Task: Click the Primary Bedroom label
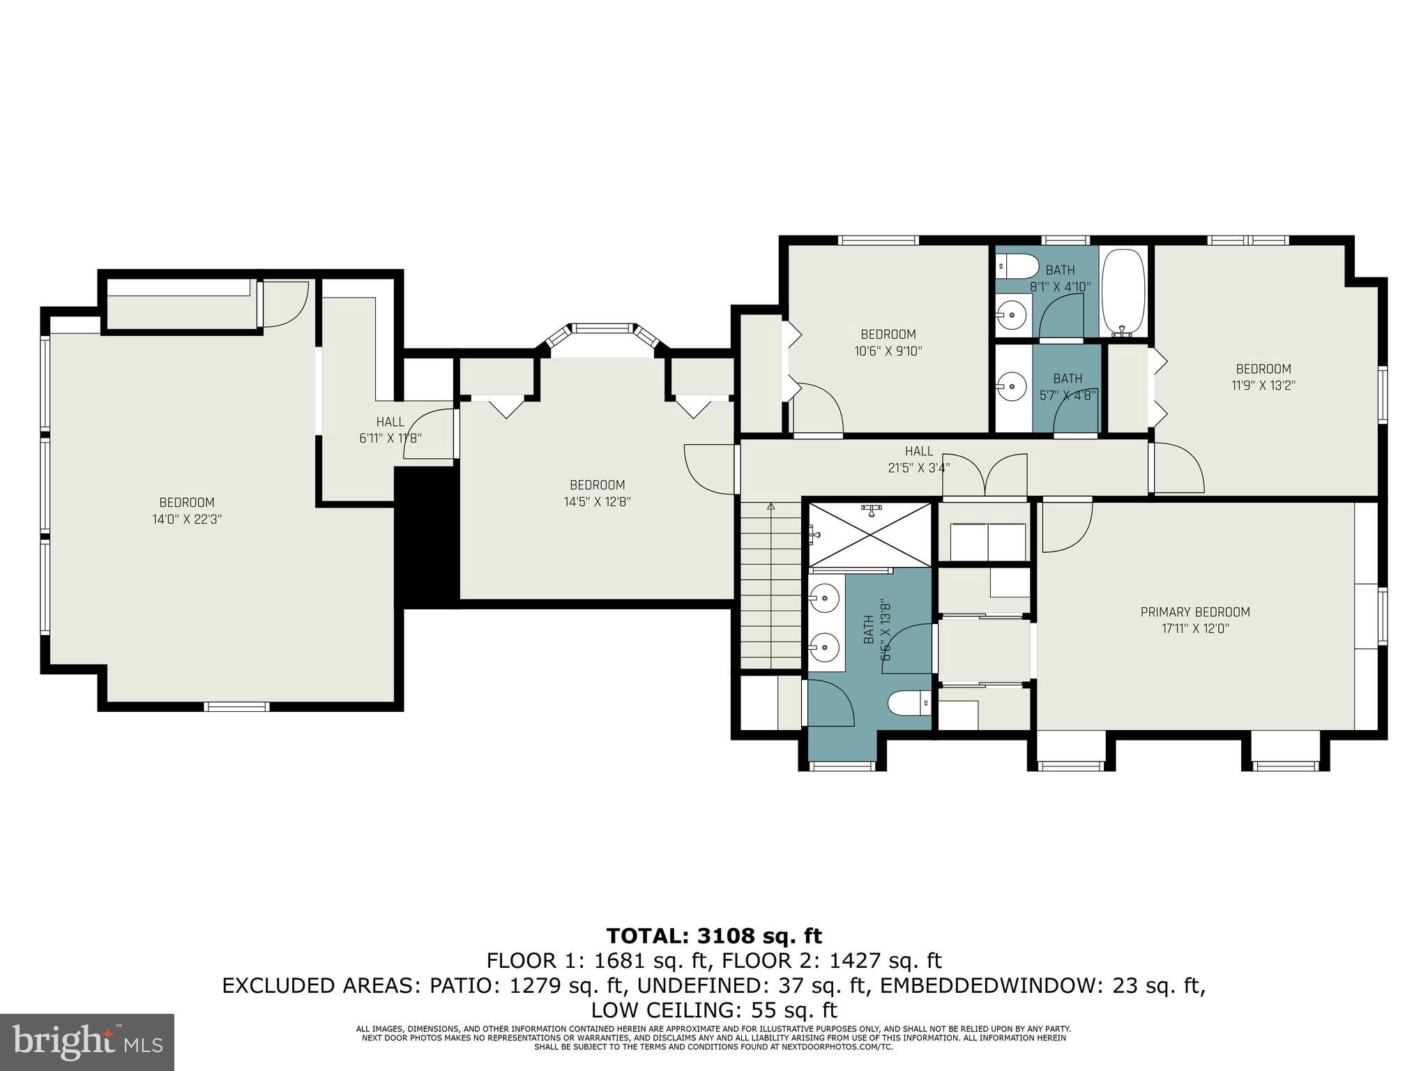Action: coord(1195,612)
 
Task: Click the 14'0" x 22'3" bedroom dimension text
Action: coord(187,519)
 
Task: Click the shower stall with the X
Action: coord(869,535)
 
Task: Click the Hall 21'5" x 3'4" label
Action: coord(919,459)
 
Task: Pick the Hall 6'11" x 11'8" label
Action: coord(390,430)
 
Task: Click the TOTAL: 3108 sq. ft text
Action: coord(714,936)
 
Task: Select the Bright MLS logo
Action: coord(86,1042)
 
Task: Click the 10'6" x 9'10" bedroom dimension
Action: coord(888,351)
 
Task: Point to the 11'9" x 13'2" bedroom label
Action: coord(1263,377)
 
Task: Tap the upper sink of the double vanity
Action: coord(826,598)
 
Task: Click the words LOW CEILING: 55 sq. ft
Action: coord(714,1010)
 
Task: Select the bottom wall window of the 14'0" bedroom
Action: coord(236,706)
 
